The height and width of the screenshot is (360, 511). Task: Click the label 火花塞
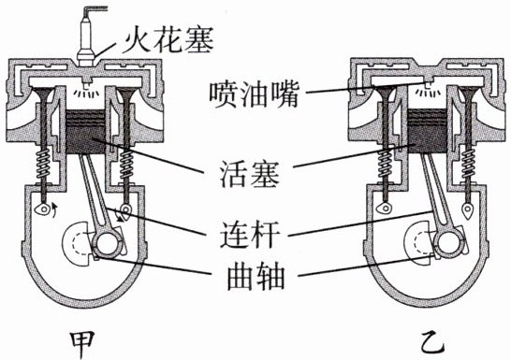168,40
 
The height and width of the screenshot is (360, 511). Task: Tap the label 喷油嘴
254,95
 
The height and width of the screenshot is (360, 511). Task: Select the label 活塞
249,174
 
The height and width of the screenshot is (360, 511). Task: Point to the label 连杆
250,235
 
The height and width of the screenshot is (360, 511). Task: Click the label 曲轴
255,278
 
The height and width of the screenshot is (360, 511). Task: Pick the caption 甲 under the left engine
82,344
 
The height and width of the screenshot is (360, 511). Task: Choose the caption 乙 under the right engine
432,343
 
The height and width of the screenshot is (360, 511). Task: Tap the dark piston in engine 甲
85,132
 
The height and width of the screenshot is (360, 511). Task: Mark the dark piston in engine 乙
428,131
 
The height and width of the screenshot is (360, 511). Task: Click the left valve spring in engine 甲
44,164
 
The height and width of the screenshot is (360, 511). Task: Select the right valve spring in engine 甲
126,164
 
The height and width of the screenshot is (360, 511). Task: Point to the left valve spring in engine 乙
386,164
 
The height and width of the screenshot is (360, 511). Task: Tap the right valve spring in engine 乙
468,164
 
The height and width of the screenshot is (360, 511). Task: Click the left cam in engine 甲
42,208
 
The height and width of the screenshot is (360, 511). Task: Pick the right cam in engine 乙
468,209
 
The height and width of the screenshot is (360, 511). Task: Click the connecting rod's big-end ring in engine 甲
108,243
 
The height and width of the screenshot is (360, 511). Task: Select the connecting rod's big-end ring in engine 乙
449,243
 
